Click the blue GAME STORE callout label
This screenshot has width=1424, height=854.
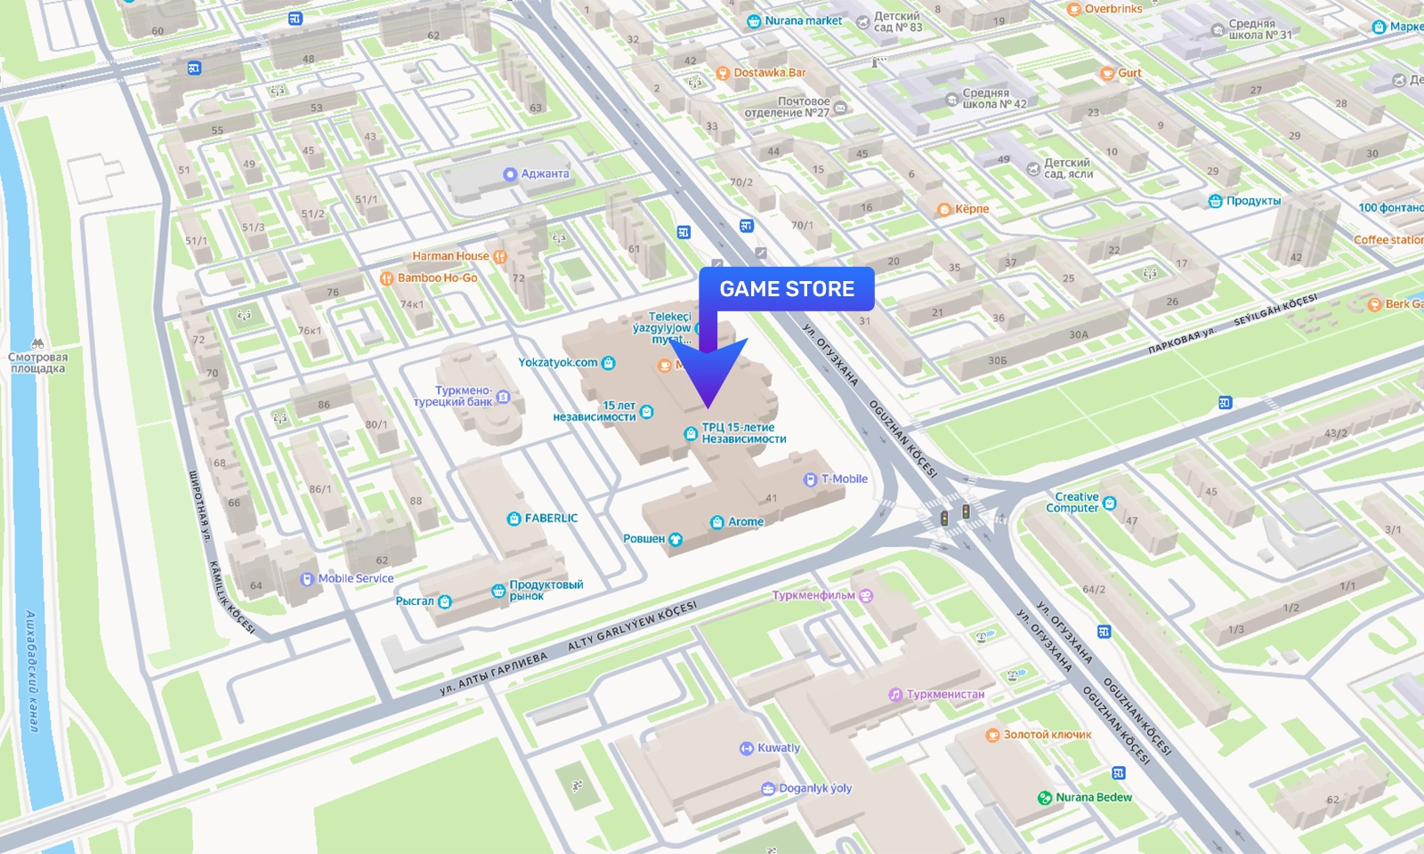coord(787,289)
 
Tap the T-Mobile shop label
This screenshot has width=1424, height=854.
coord(843,479)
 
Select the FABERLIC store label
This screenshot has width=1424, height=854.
coord(550,518)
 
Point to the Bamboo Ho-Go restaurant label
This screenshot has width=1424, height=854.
coord(437,278)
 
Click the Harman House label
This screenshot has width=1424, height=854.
coord(450,256)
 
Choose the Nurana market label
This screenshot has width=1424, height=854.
coord(802,20)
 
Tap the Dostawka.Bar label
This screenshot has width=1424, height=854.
coord(769,73)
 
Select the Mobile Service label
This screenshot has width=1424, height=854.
coord(355,578)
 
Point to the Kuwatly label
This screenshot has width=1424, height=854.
coord(778,748)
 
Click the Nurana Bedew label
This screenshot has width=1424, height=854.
coord(1093,797)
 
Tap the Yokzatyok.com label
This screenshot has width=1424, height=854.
coord(558,362)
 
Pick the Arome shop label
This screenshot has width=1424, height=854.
coord(745,521)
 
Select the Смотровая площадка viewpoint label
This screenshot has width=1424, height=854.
coord(37,362)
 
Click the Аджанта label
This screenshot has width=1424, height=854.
coord(544,173)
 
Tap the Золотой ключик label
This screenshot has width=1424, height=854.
coord(1047,735)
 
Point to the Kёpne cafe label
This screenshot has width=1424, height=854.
coord(971,209)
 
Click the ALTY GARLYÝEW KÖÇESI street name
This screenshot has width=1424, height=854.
coord(632,626)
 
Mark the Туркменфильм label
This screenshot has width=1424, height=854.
coord(813,595)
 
